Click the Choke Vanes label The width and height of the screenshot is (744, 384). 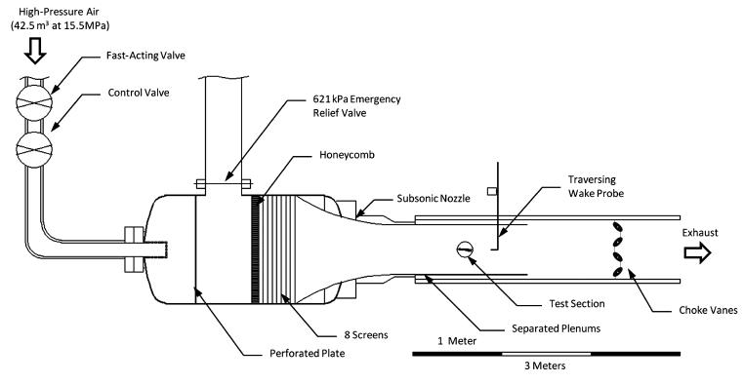pos(695,310)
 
